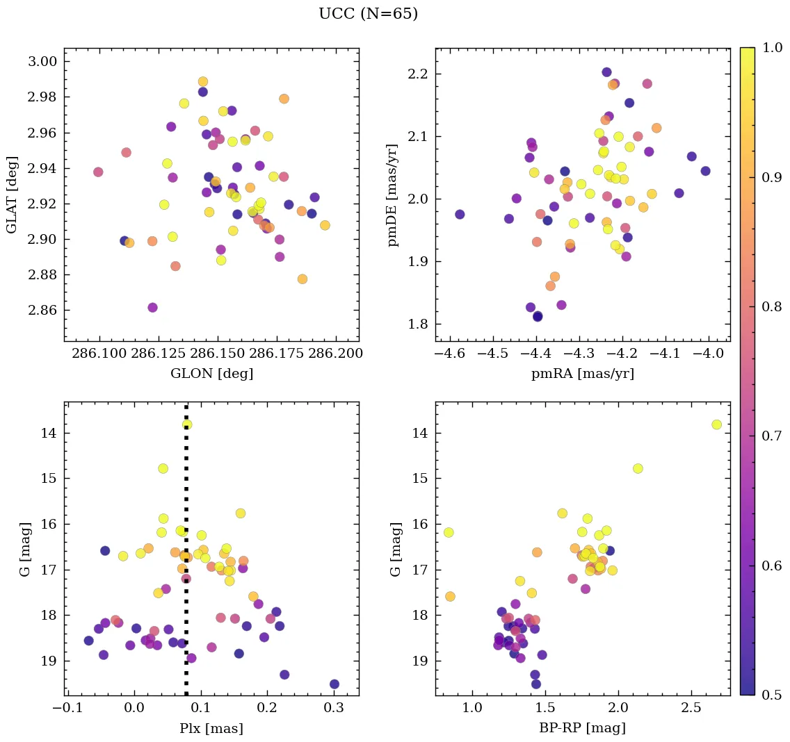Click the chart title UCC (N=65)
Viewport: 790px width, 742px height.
coord(368,14)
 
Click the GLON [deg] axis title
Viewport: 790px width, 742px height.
coord(211,374)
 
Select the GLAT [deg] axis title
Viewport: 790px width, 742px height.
coord(12,195)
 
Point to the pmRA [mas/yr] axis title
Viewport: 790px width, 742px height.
coord(583,374)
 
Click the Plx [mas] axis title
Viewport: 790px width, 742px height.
coord(211,728)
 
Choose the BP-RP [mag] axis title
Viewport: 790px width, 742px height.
coord(583,728)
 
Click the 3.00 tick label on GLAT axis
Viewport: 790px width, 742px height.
coord(42,62)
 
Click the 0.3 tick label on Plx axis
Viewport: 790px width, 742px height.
coord(334,709)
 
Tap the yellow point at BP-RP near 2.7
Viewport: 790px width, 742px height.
coord(716,424)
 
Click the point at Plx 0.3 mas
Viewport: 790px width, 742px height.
coord(334,684)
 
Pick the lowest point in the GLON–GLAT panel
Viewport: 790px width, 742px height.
coord(153,307)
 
